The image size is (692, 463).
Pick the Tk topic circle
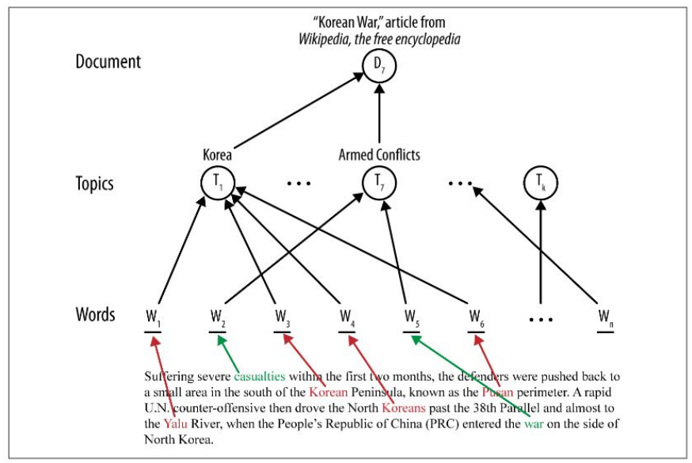click(542, 184)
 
